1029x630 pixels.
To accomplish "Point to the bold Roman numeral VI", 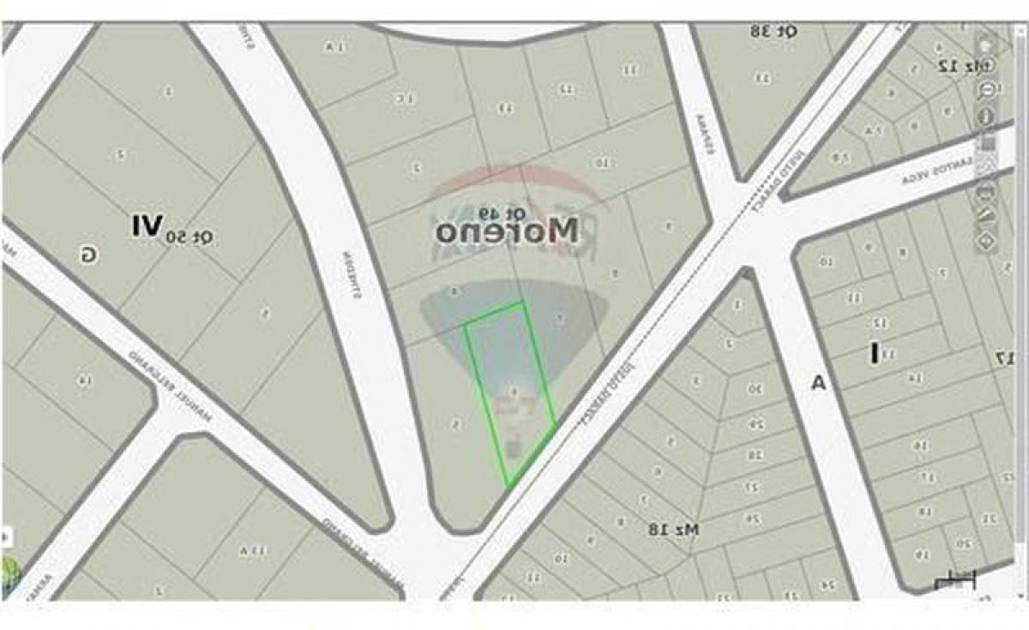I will click(x=146, y=226).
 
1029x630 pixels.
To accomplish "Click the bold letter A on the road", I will click(x=818, y=383).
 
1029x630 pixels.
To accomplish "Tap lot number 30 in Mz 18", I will click(x=754, y=389).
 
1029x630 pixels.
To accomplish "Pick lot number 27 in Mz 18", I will click(x=753, y=487).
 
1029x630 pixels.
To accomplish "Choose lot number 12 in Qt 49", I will click(x=566, y=88).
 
